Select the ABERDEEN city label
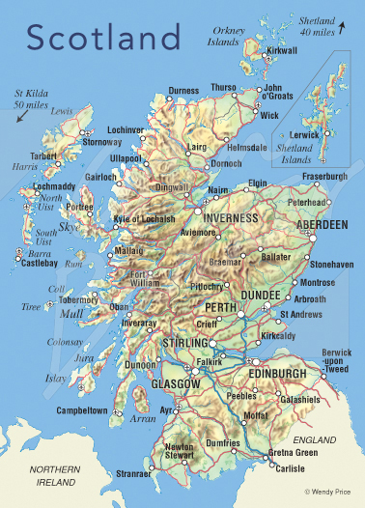point(322,224)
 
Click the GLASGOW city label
point(175,384)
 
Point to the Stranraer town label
point(134,474)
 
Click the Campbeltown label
point(81,410)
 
